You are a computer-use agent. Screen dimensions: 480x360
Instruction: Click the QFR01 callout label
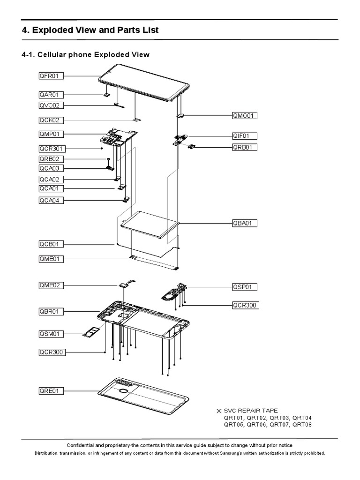tap(52, 75)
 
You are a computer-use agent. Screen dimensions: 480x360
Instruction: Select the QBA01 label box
tap(245, 223)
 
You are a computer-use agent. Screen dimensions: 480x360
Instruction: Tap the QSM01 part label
tap(52, 334)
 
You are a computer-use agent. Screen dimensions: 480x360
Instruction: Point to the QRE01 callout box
tap(52, 390)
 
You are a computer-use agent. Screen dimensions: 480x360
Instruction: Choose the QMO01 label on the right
tap(245, 115)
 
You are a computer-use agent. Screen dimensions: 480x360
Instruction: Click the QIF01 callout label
tap(245, 136)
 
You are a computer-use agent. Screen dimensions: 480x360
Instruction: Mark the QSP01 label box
tap(245, 286)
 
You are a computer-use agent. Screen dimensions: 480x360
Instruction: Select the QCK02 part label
tap(52, 120)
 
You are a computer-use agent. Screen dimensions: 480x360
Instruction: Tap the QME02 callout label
tap(52, 285)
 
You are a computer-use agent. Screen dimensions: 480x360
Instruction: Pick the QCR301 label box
tap(52, 149)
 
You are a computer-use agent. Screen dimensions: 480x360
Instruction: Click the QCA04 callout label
tap(52, 201)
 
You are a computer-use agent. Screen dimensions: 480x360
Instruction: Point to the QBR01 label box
tap(52, 311)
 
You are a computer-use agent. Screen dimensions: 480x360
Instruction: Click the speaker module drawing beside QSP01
tap(172, 292)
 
